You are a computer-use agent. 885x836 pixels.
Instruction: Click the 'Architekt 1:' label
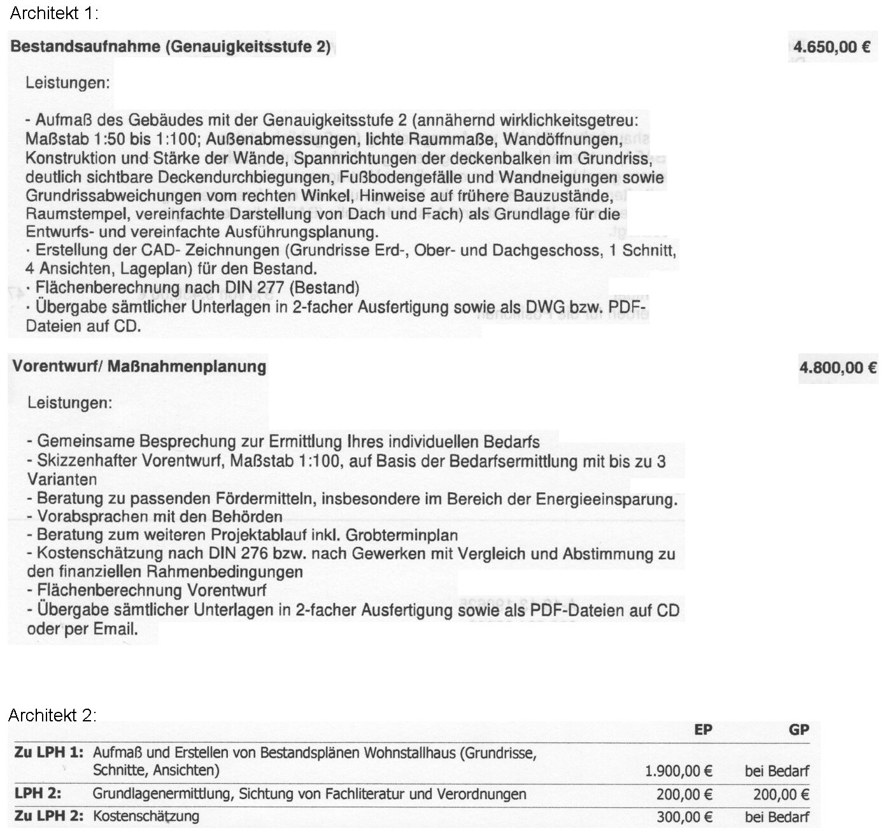53,13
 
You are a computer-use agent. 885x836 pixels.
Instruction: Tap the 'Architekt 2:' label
52,715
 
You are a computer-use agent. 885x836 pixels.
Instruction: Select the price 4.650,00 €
832,46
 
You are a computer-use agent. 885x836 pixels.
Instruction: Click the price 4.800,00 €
838,367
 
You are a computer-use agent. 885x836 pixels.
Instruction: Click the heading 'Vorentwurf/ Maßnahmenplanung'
139,366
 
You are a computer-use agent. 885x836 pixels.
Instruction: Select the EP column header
703,730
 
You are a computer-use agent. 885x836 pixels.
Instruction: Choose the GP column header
798,730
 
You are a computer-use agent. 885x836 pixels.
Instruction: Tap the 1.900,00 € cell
678,771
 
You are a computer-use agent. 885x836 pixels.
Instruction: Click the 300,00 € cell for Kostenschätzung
684,817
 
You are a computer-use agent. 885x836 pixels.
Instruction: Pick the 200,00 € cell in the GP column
781,794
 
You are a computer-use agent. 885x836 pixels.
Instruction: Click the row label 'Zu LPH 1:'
48,752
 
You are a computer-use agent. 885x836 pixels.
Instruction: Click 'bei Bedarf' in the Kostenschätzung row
777,817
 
